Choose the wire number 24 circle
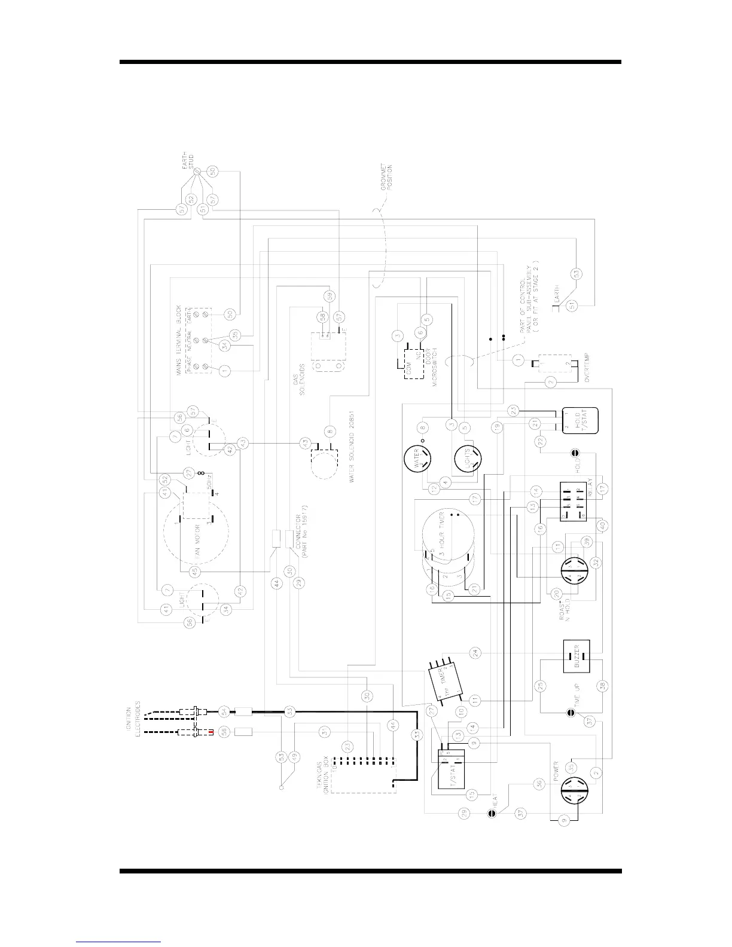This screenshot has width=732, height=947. tap(475, 652)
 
